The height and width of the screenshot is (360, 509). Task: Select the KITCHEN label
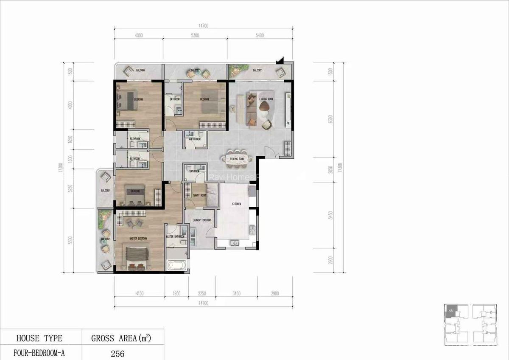click(236, 204)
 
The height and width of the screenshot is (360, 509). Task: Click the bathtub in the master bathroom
click(176, 266)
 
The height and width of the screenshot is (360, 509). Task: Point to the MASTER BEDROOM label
click(138, 239)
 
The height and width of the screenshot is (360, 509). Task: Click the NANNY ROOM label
click(199, 195)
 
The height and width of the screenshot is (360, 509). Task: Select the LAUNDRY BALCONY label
click(201, 220)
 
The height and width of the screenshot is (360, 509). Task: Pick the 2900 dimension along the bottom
click(274, 293)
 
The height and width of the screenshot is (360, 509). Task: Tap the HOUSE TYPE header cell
click(39, 338)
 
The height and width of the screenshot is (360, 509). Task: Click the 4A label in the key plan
click(450, 311)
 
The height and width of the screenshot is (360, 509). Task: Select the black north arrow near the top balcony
click(280, 62)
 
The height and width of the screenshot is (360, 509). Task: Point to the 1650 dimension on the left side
click(70, 139)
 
